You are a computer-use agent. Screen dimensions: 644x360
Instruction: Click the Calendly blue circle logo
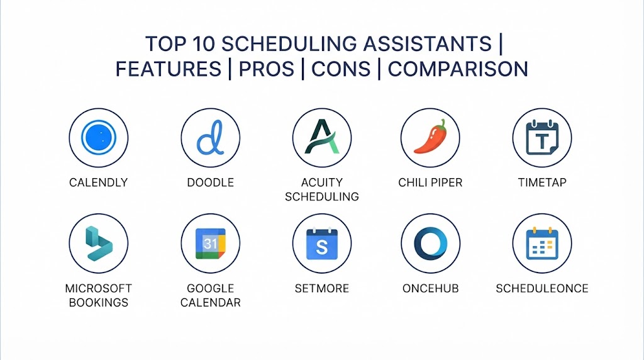coord(99,138)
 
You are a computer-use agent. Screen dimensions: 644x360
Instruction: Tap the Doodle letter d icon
coord(210,138)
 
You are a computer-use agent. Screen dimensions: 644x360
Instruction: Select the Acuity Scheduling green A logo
coord(322,137)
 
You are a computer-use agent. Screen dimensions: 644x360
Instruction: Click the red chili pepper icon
coord(430,137)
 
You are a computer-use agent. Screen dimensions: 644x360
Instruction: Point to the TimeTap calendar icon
coord(542,137)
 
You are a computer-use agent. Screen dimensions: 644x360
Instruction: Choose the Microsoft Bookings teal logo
coord(99,244)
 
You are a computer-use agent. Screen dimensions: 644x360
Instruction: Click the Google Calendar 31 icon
coord(210,244)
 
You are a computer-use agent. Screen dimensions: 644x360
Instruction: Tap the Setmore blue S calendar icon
coord(322,244)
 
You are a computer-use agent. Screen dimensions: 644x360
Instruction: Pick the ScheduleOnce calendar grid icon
coord(542,244)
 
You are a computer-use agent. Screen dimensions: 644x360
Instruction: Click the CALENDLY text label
coord(99,183)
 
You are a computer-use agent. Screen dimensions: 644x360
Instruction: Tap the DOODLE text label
coord(210,183)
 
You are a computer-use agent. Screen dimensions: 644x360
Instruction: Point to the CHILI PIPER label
coord(430,183)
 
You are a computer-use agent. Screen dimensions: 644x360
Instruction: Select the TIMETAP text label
coord(542,183)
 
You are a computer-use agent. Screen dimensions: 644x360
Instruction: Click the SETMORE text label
coord(322,288)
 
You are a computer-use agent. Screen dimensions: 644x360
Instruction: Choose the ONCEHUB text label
coord(430,288)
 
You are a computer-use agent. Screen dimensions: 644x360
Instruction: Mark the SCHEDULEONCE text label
coord(542,288)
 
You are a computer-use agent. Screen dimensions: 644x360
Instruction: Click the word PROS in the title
coord(267,69)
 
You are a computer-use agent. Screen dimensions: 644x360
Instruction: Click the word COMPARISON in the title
coord(458,69)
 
